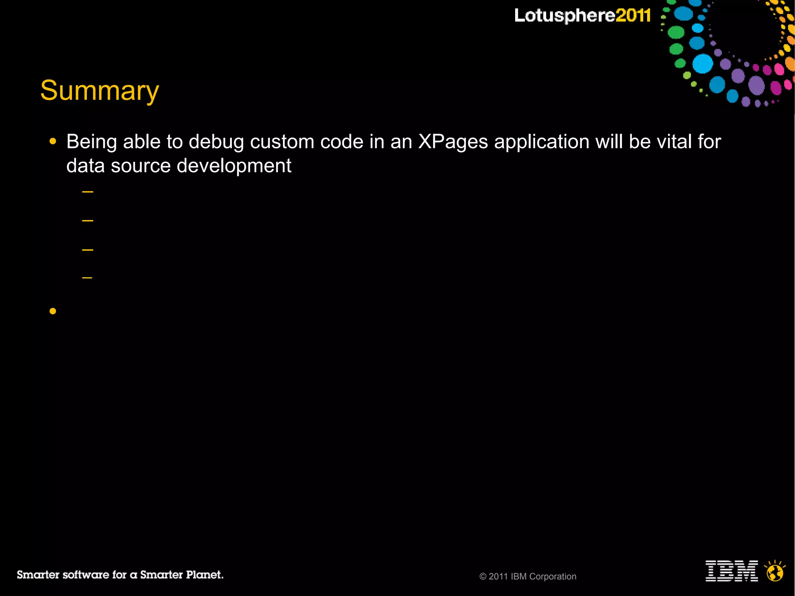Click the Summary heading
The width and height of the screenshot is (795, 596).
(x=100, y=91)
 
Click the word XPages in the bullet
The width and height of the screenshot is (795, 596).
(x=453, y=142)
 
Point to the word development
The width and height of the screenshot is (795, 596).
(x=234, y=166)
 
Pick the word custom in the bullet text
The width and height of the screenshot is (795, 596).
(x=282, y=142)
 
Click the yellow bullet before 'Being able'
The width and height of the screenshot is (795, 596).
(x=53, y=142)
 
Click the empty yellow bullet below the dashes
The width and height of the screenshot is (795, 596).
(x=53, y=311)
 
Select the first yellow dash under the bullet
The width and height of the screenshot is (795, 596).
(x=88, y=192)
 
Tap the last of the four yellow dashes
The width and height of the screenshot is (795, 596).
(x=87, y=278)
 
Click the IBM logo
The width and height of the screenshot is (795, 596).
(x=732, y=571)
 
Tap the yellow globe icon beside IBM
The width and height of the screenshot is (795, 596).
(x=775, y=571)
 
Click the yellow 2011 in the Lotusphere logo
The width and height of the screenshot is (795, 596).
(x=633, y=16)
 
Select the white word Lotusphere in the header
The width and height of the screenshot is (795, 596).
(x=565, y=16)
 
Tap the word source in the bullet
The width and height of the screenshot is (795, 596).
(x=141, y=166)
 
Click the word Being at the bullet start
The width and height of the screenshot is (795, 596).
(x=92, y=142)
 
